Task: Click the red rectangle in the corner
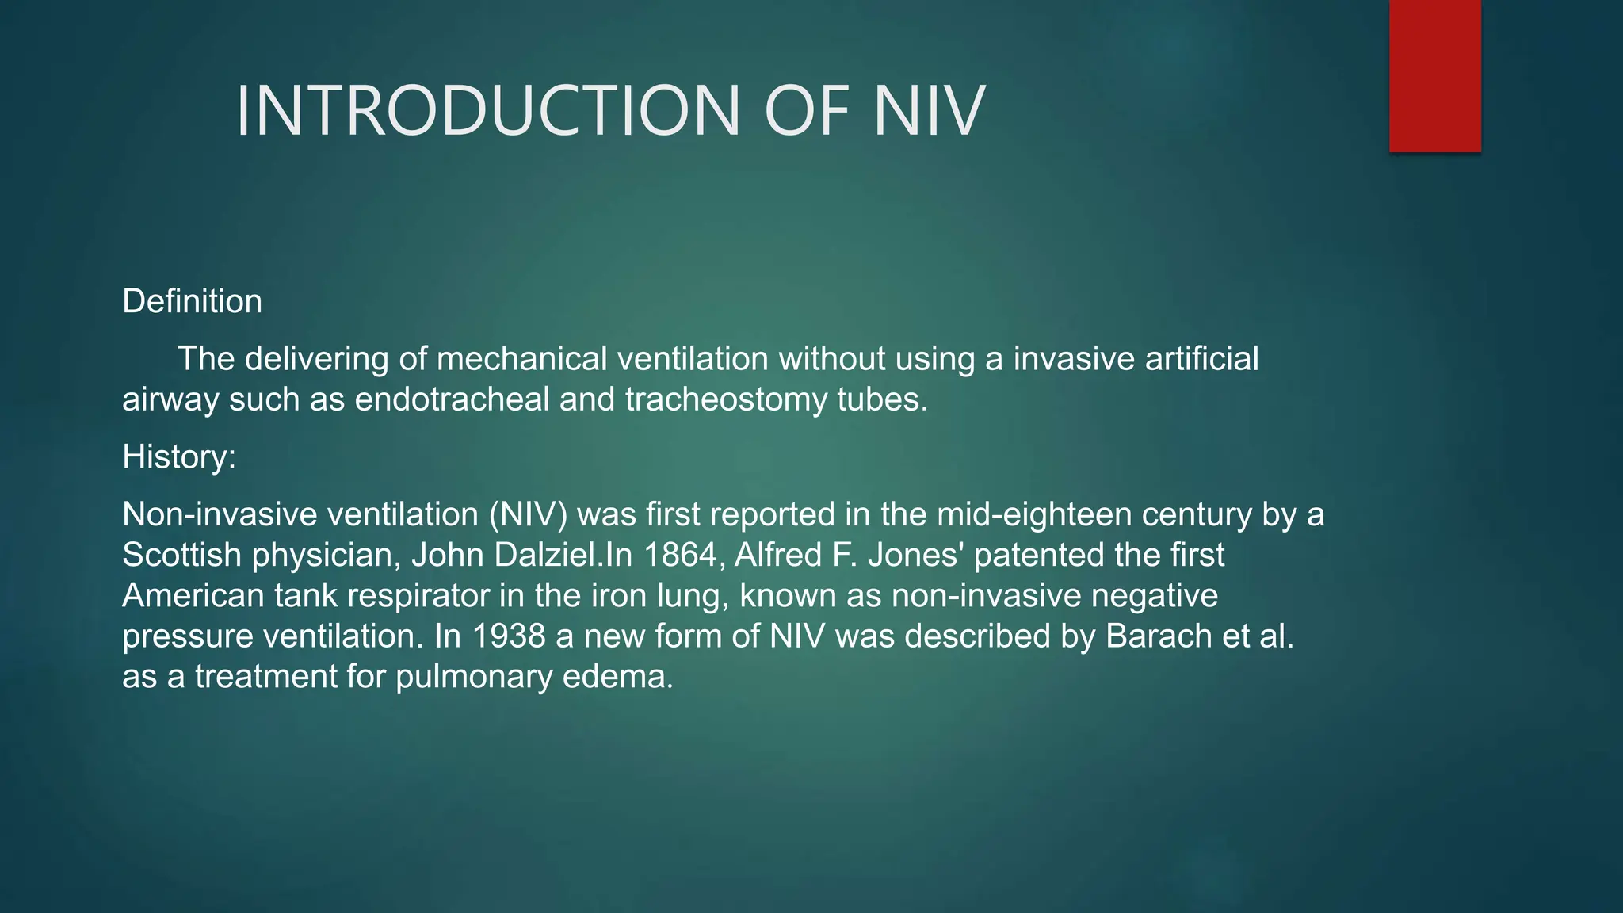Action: pos(1434,76)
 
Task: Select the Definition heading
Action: pos(192,302)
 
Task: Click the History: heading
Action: pos(179,457)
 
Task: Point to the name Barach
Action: pos(1158,636)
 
